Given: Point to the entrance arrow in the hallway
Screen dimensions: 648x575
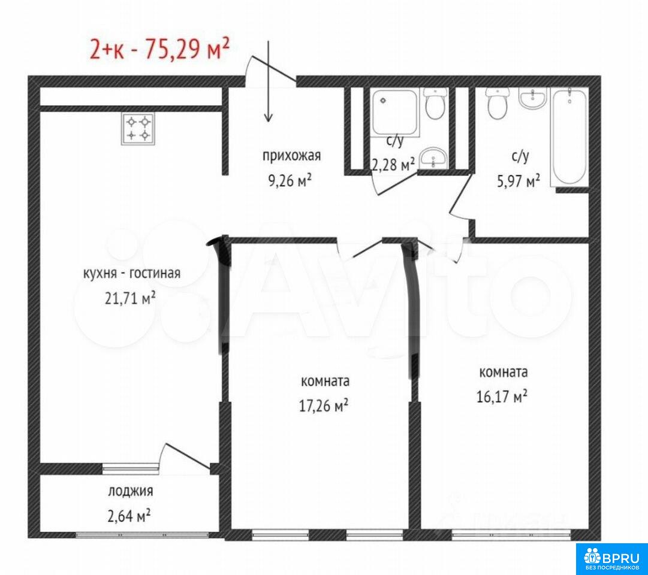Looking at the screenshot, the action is [x=269, y=81].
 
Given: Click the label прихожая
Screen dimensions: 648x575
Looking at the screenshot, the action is [x=291, y=156].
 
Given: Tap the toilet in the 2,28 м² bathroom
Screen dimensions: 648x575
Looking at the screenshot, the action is [x=435, y=104].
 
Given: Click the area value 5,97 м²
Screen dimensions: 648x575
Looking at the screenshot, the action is [x=519, y=180].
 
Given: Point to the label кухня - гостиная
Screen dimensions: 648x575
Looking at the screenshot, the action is [x=132, y=274].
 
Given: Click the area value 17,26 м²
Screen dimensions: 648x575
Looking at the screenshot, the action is [x=324, y=405].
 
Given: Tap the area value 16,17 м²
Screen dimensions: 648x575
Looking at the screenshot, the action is [x=502, y=397].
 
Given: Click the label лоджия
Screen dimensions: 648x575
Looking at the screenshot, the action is [x=131, y=491].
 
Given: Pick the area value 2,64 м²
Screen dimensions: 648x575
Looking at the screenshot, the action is [x=128, y=516].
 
